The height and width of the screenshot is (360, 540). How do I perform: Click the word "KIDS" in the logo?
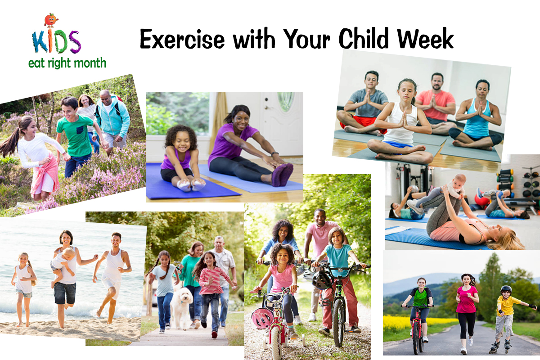(x=56, y=42)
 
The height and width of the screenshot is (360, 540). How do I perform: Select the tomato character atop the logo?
(x=51, y=20)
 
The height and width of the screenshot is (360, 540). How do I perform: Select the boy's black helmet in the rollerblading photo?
(x=506, y=289)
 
